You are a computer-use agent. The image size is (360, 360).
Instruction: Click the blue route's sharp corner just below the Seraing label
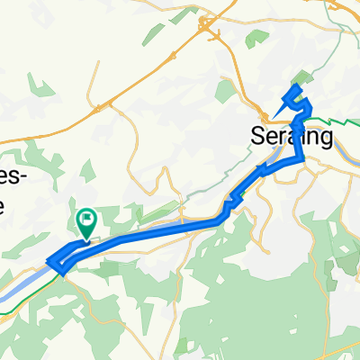point(302,157)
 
